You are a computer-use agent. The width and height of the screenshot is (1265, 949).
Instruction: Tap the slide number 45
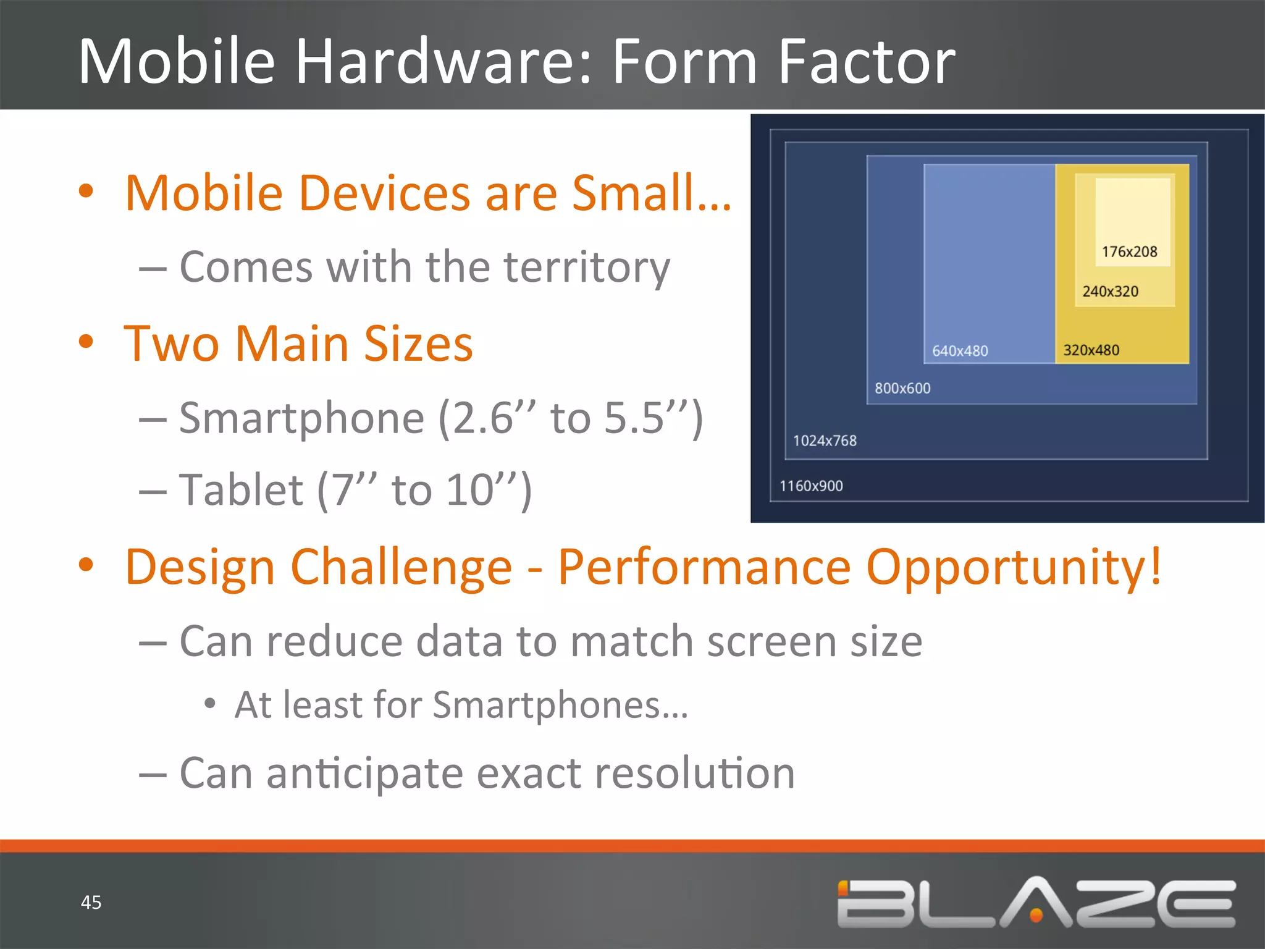click(91, 902)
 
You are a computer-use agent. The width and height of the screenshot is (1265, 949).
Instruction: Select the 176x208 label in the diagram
click(1129, 252)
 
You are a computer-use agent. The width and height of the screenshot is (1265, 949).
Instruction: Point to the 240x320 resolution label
click(1110, 292)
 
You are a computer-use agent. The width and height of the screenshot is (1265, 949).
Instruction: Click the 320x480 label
click(1091, 350)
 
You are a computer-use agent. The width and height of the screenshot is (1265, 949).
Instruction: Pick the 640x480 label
click(960, 351)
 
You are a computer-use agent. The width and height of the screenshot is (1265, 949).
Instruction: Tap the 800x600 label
click(902, 389)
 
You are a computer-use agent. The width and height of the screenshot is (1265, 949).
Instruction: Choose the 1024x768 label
click(825, 441)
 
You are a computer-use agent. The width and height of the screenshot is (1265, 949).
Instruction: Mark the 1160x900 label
click(810, 486)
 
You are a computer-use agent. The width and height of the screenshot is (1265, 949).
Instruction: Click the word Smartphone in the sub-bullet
click(301, 419)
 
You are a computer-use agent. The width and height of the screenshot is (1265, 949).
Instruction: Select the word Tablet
click(241, 491)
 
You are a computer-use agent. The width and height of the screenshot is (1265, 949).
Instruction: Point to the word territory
click(586, 268)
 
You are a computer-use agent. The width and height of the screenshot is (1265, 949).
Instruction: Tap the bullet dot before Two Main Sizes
click(86, 342)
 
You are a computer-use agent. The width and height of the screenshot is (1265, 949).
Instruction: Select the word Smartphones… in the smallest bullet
click(560, 705)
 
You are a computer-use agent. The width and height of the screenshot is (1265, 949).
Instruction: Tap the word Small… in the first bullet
click(652, 193)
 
